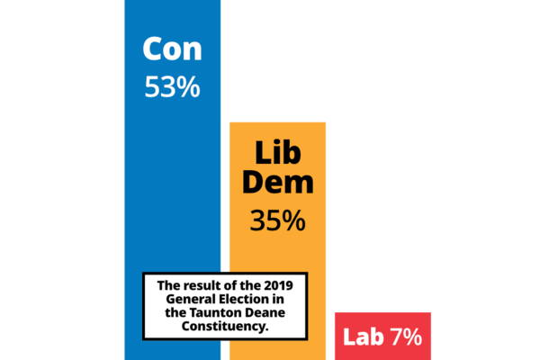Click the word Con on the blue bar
172,49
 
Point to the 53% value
172,88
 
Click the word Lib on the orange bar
277,151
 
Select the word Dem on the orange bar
277,183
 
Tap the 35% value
277,220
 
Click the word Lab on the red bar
364,337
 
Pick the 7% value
406,337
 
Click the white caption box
226,306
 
